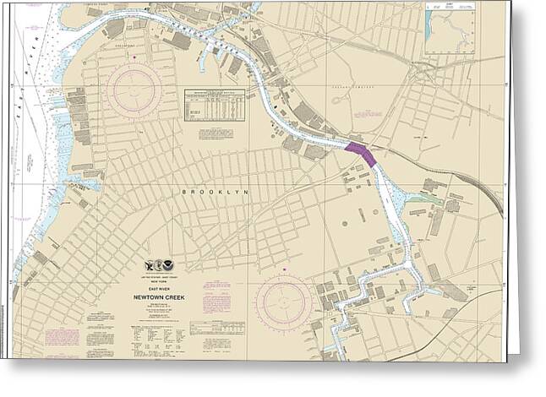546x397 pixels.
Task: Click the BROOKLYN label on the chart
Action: click(216, 193)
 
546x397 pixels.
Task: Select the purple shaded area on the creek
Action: click(361, 154)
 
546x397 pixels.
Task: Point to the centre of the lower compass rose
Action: click(284, 302)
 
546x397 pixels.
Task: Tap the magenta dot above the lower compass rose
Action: click(285, 272)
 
